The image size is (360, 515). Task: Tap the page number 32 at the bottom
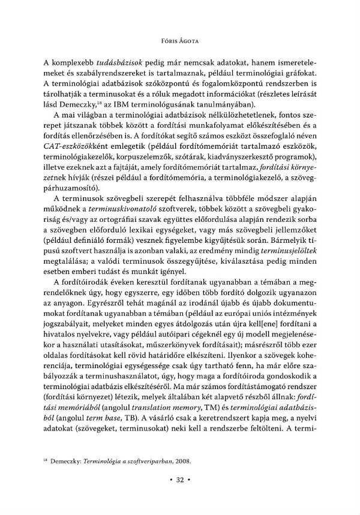click(180, 496)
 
